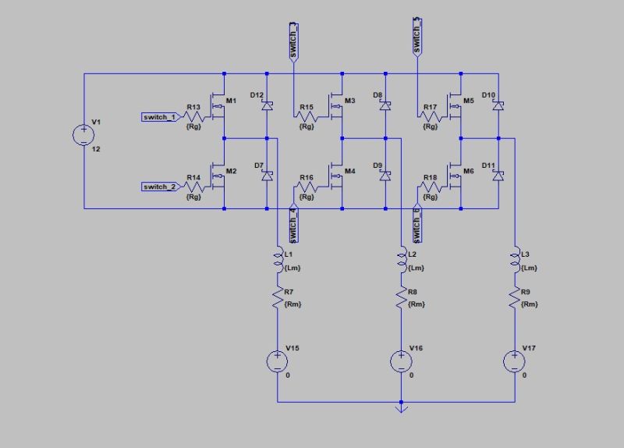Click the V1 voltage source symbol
pos(83,134)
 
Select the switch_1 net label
pos(161,117)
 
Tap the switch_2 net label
pos(161,187)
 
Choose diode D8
pos(385,105)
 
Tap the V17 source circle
pos(515,361)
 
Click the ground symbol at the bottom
pos(400,406)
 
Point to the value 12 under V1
pos(96,148)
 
